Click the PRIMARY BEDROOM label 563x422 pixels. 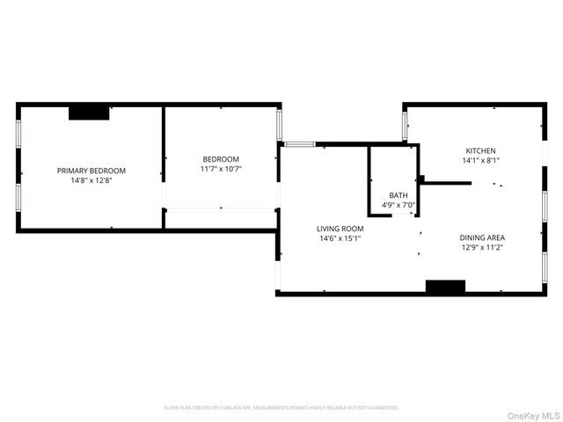pos(91,171)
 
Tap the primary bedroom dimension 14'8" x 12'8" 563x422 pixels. pos(91,180)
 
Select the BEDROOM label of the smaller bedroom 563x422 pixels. pos(221,159)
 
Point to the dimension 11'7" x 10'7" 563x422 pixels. pos(221,169)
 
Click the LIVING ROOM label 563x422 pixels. pos(340,229)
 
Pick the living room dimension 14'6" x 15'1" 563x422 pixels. pos(340,238)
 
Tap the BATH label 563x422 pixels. pos(398,195)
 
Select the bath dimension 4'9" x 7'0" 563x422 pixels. pos(398,205)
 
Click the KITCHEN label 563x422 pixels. pos(480,150)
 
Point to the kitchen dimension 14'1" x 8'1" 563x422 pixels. pos(480,161)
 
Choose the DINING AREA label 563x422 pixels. pos(482,237)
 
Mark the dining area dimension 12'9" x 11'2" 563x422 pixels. pos(482,247)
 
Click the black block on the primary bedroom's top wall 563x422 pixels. pos(89,112)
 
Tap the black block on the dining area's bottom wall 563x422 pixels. pos(445,286)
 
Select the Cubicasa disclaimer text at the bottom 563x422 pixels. pos(281,408)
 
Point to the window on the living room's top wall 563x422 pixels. pos(299,144)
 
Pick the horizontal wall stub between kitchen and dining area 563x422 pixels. pos(447,183)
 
